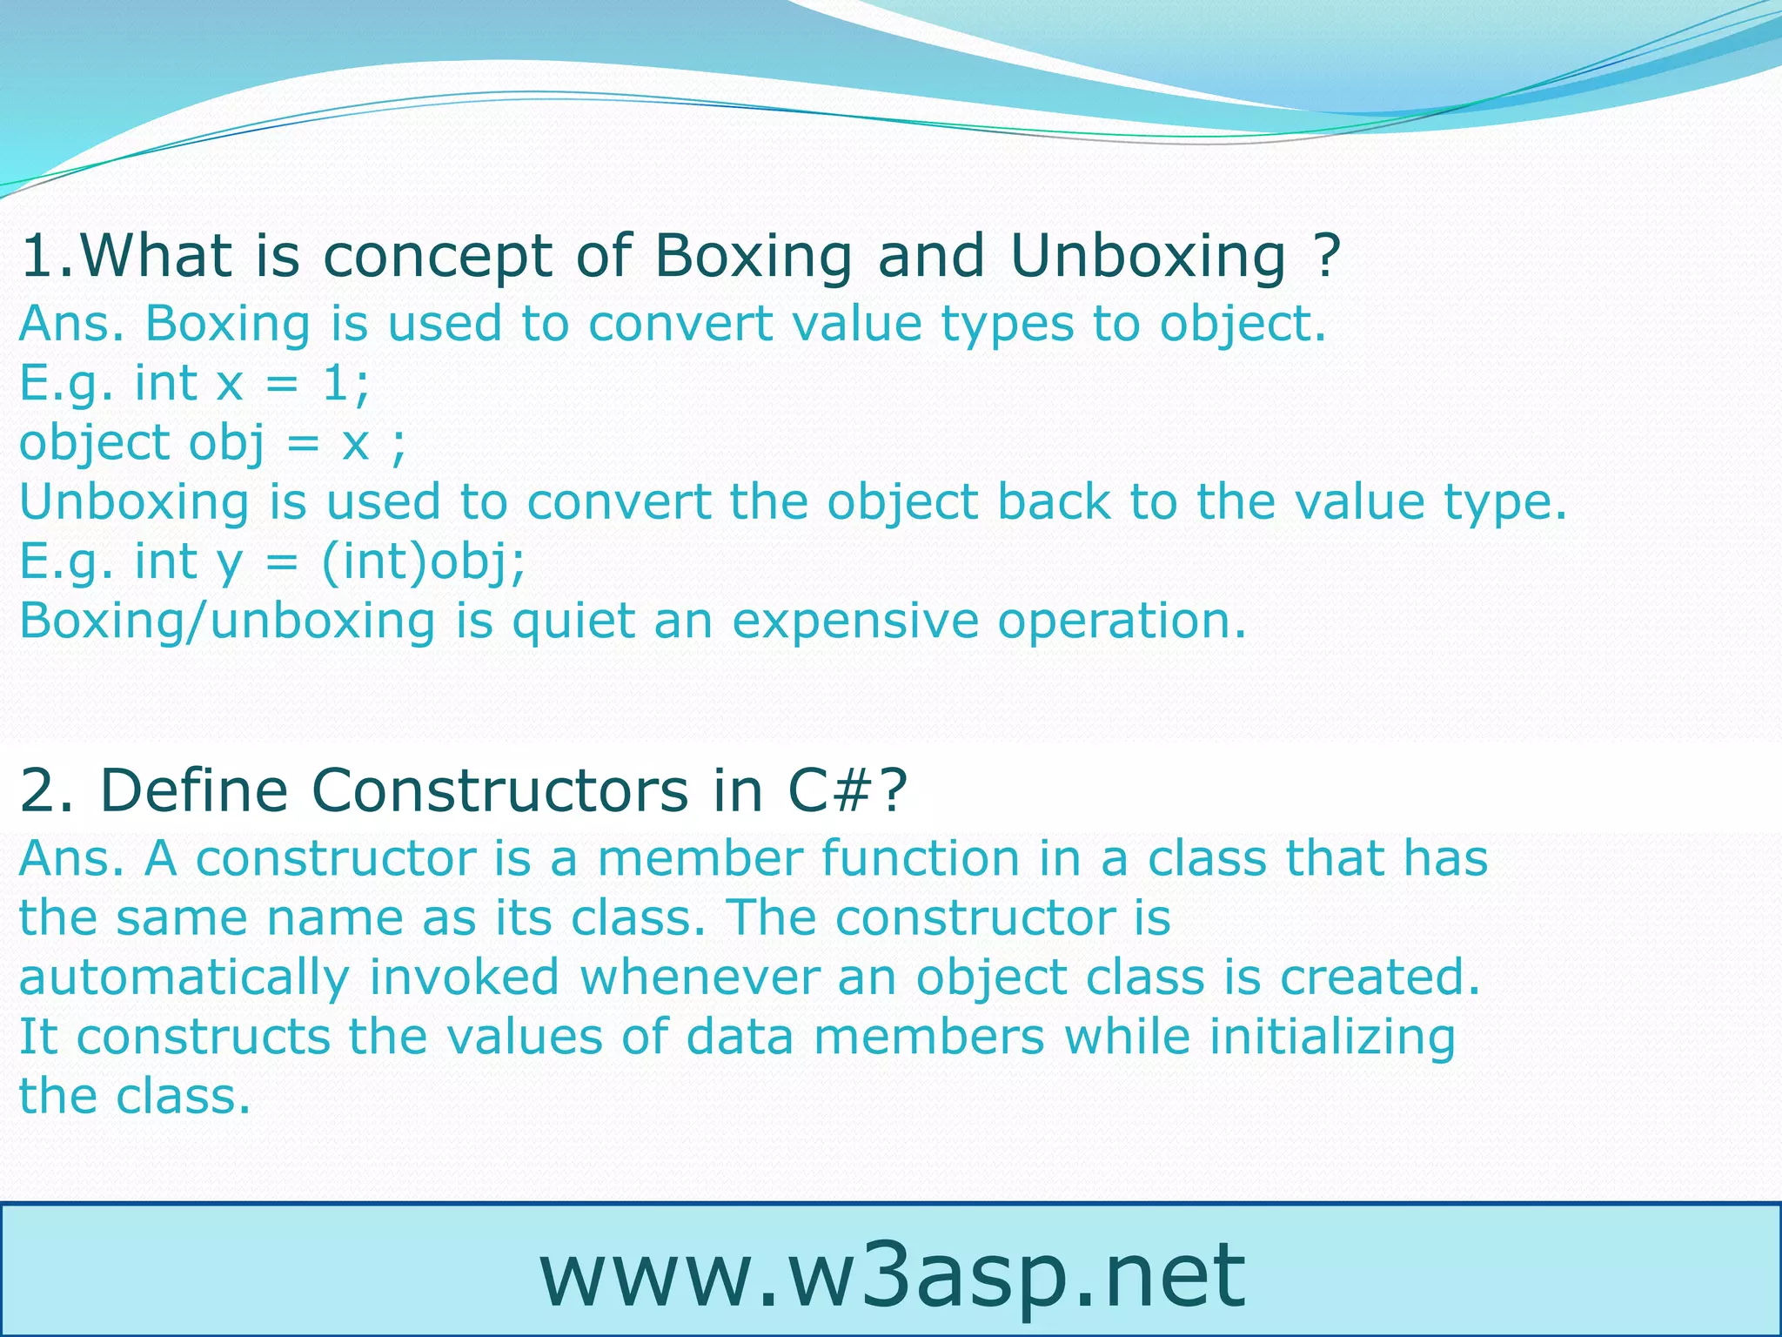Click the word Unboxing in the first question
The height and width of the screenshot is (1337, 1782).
point(1148,257)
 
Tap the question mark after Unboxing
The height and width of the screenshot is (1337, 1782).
point(1325,257)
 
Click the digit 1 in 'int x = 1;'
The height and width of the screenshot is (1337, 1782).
point(337,383)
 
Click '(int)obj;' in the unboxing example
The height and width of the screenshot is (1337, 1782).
point(423,561)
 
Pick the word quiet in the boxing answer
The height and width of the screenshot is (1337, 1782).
point(573,621)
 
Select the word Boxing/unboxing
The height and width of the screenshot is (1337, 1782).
point(227,621)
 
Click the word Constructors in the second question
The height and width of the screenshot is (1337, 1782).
point(499,790)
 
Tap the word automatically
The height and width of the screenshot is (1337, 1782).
point(184,978)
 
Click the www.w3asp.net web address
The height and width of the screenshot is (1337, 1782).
point(892,1275)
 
